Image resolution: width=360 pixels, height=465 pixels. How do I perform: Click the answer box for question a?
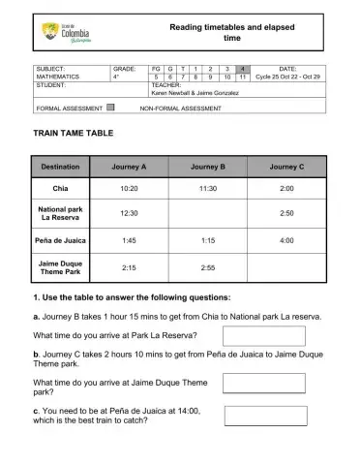pyautogui.click(x=264, y=335)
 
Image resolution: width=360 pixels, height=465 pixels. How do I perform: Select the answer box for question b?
pyautogui.click(x=264, y=384)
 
